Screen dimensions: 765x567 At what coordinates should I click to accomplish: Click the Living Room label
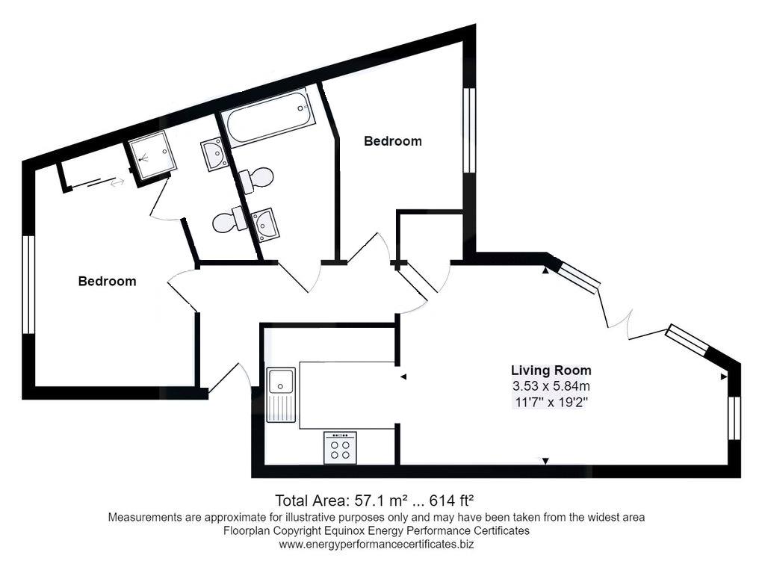click(551, 371)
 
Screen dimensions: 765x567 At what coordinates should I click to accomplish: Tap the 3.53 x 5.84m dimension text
click(551, 386)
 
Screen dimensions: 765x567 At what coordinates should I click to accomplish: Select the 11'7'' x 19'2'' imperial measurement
click(551, 403)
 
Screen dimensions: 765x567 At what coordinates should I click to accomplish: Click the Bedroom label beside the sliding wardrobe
click(107, 281)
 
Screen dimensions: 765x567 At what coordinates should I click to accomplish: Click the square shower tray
click(152, 154)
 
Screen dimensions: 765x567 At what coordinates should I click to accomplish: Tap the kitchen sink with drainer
click(281, 394)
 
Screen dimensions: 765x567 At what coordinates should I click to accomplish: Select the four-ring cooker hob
click(340, 448)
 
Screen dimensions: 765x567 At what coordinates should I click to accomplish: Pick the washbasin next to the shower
click(214, 154)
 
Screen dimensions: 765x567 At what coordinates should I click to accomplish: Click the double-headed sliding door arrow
click(117, 182)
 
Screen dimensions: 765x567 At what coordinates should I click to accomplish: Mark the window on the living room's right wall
click(734, 418)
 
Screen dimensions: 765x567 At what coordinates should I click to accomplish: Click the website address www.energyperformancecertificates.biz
click(377, 545)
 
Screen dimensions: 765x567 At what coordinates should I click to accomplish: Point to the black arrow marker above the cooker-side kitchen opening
click(403, 377)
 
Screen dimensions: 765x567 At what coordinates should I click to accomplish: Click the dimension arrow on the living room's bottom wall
click(546, 461)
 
